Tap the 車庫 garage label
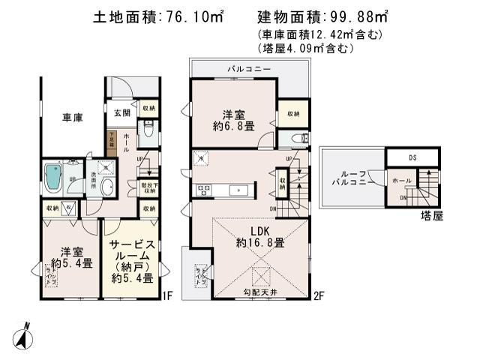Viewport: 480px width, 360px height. tap(72, 117)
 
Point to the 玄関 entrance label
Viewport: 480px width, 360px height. tap(122, 112)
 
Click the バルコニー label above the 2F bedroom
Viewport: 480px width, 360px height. tap(250, 69)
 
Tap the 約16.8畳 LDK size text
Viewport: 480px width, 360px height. tap(259, 243)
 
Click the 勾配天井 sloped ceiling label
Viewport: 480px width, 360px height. tap(259, 292)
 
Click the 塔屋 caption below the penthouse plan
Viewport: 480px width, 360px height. tap(433, 214)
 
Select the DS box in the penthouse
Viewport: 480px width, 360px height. tap(412, 157)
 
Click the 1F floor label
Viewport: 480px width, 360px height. tap(169, 295)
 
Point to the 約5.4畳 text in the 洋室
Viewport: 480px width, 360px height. tap(69, 263)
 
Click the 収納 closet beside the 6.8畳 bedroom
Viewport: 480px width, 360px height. tap(292, 113)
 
